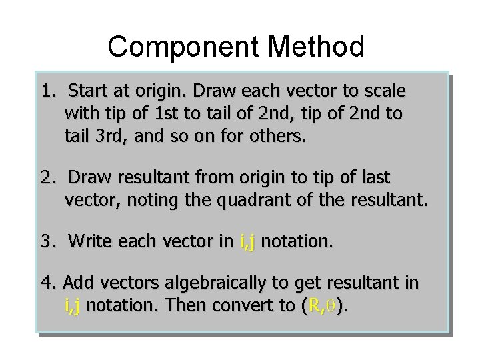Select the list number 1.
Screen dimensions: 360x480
pyautogui.click(x=46, y=90)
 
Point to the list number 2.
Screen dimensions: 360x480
pyautogui.click(x=46, y=178)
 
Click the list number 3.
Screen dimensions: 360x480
pyautogui.click(x=46, y=240)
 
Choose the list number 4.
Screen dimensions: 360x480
pyautogui.click(x=46, y=283)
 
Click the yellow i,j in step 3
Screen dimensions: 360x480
pyautogui.click(x=247, y=240)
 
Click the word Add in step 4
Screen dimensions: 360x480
pyautogui.click(x=76, y=283)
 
